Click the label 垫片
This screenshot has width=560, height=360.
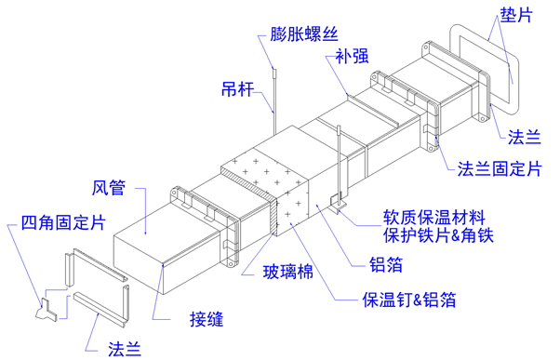pos(516,16)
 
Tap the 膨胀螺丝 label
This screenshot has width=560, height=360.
pos(303,34)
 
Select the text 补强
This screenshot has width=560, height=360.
pos(352,56)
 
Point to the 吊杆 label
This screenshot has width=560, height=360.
pos(237,88)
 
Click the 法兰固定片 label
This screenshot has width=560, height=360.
pos(500,168)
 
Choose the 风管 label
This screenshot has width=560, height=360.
pos(109,188)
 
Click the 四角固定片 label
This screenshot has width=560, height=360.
pos(63,222)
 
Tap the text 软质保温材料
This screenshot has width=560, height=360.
pos(433,218)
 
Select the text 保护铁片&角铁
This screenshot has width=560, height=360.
pos(438,235)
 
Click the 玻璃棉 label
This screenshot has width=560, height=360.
pos(287,272)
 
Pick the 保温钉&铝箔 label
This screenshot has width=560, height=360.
pos(409,300)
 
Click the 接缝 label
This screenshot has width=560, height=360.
pos(207,318)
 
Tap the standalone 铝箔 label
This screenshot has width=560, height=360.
pos(386,264)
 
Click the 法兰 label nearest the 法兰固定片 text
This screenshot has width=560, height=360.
pos(524,137)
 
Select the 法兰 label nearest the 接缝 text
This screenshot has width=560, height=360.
pos(125,348)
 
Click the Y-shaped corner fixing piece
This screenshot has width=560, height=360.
pos(46,310)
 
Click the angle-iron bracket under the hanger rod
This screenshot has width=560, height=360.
pos(338,205)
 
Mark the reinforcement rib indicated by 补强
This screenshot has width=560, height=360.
pos(373,110)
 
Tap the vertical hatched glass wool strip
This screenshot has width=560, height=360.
pos(273,217)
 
